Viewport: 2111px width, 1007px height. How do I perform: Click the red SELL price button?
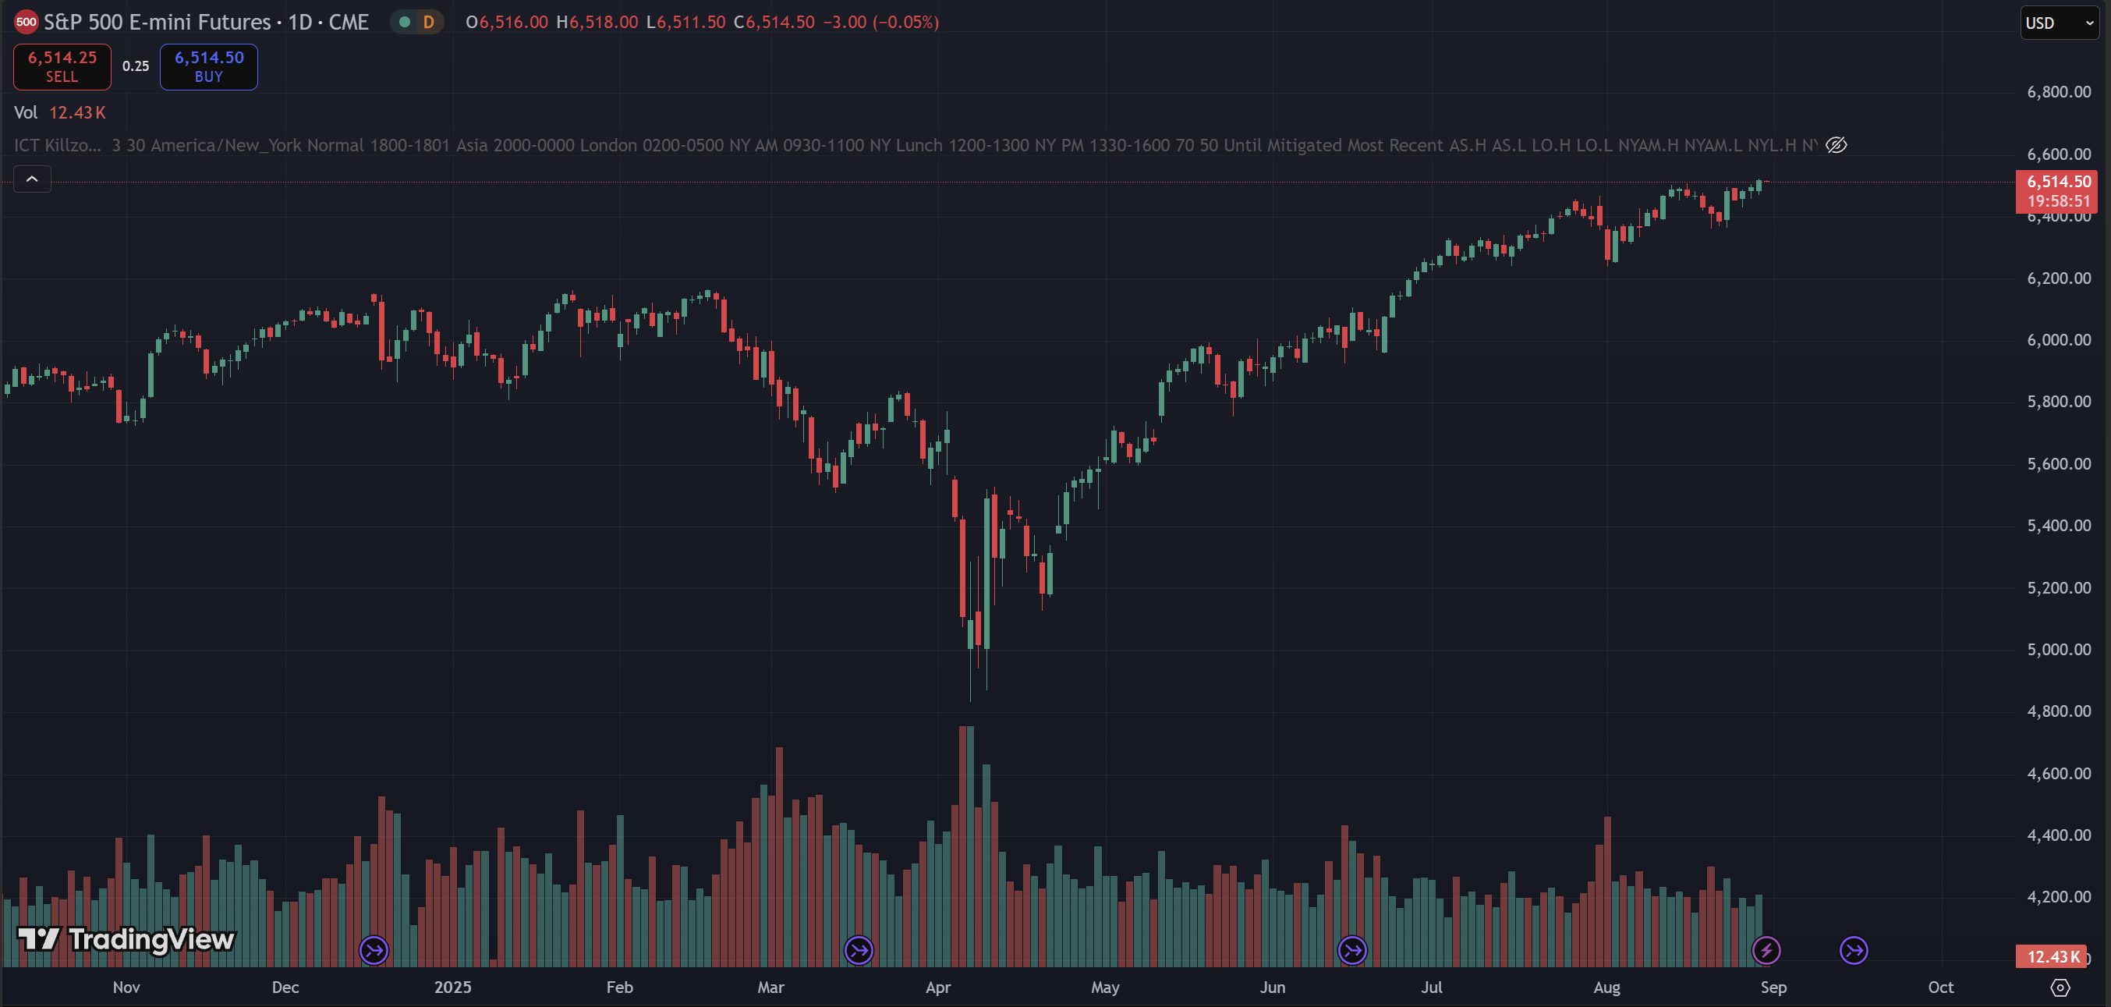[x=62, y=66]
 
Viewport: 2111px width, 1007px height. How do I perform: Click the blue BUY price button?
[x=208, y=66]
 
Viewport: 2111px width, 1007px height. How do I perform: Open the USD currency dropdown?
[x=2059, y=23]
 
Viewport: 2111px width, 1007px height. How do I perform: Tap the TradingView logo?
[x=126, y=939]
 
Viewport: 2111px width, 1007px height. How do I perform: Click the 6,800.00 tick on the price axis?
[x=2059, y=92]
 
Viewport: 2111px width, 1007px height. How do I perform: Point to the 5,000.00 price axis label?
[x=2059, y=650]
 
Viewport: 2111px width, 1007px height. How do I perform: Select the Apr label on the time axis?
[x=937, y=987]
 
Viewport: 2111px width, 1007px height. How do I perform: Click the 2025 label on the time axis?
[x=452, y=987]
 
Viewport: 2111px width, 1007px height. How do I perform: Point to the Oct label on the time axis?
[x=1939, y=987]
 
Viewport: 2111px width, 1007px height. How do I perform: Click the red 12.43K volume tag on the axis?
[x=2053, y=957]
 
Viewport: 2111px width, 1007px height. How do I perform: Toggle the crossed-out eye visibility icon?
[x=1836, y=145]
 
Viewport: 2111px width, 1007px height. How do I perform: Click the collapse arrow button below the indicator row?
[x=32, y=179]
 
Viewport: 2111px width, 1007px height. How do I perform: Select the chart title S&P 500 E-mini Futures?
[x=158, y=22]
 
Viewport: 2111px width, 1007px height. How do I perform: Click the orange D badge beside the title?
[x=428, y=22]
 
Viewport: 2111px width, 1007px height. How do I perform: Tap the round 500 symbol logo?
[x=27, y=22]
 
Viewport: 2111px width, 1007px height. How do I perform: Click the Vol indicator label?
[x=26, y=112]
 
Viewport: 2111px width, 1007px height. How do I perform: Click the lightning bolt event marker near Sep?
[x=1766, y=951]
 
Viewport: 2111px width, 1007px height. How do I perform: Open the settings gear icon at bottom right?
[x=2060, y=987]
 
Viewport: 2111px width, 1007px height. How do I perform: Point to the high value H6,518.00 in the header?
[x=597, y=22]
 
